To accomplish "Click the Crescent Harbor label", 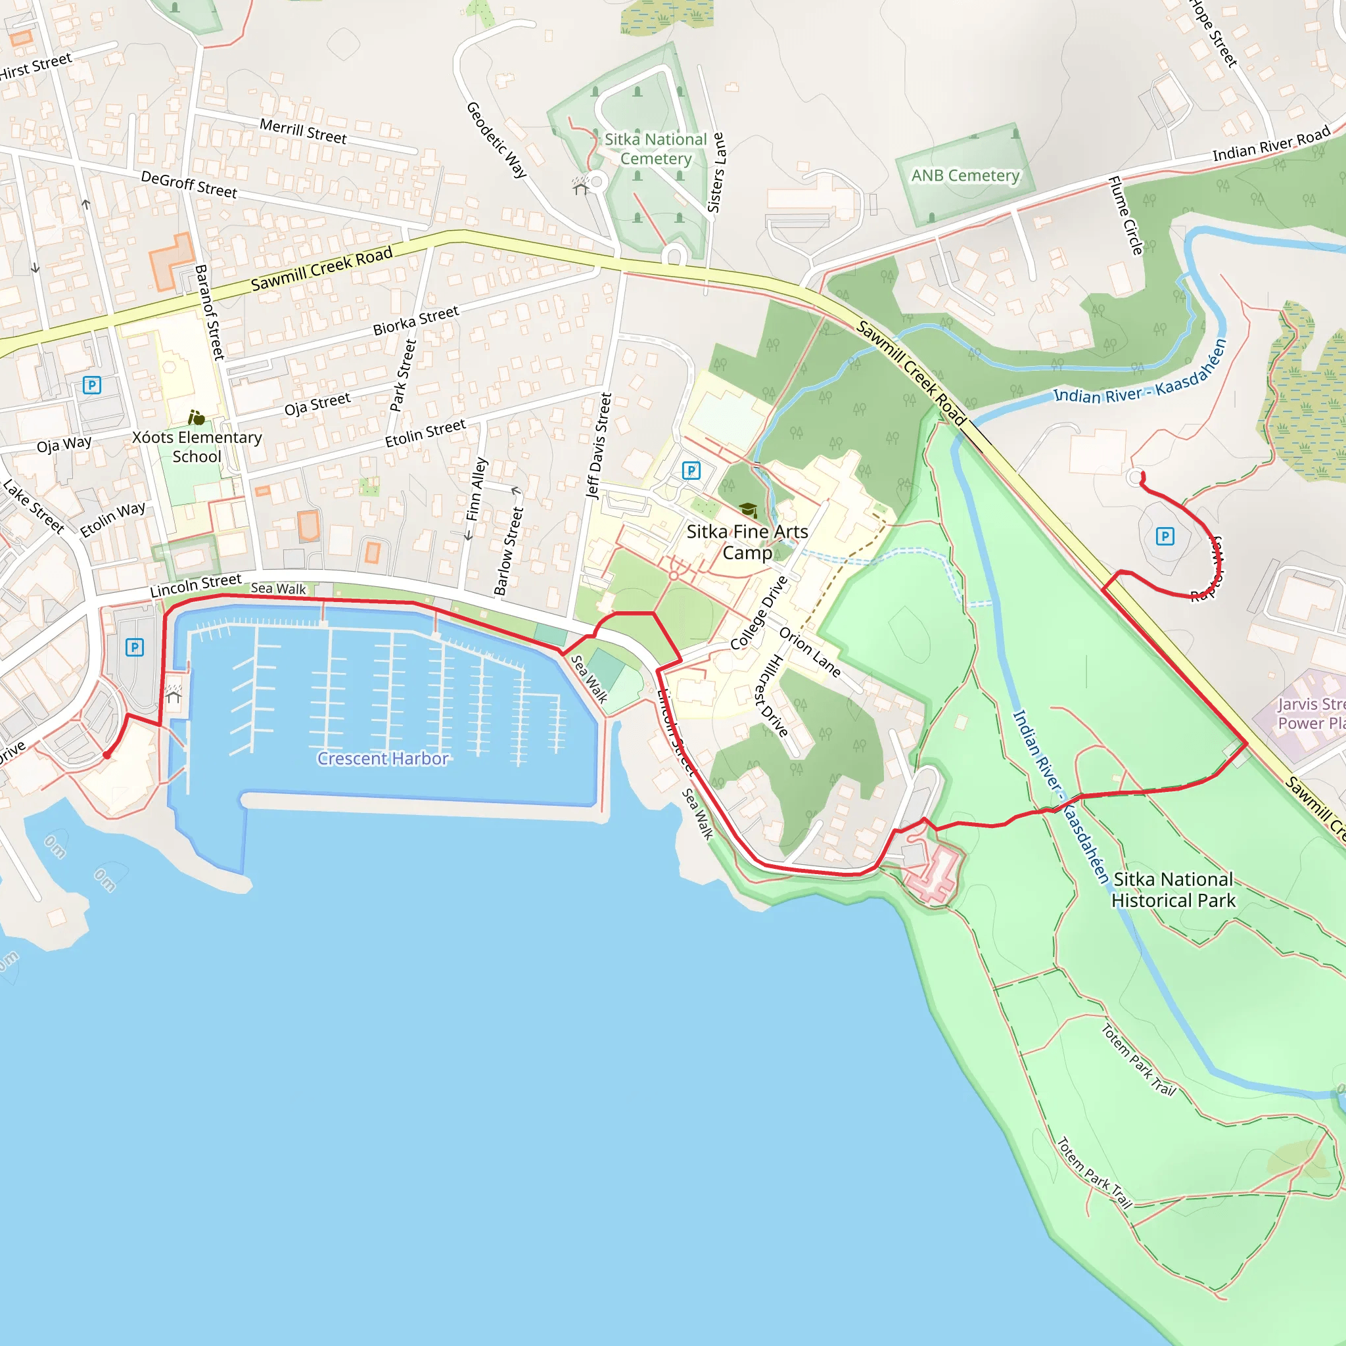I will coord(383,758).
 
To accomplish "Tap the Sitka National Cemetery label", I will coord(655,149).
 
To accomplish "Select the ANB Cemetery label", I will coord(965,175).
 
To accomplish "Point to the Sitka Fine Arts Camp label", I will coord(747,542).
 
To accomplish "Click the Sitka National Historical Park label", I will coord(1172,890).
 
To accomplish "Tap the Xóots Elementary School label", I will coord(197,446).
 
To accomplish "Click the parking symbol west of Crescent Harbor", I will coord(135,647).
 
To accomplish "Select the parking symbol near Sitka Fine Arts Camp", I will coord(691,471).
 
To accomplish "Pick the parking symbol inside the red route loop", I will coord(1165,536).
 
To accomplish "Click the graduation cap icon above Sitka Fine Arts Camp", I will coord(747,510).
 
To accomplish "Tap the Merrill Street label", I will coord(303,131).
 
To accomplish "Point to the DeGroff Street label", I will coord(189,185).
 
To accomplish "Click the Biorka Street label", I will coord(416,320).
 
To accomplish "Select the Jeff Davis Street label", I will coord(599,446).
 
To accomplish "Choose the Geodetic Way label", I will coord(496,139).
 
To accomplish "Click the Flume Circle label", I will coord(1126,216).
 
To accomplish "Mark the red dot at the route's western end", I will coord(106,754).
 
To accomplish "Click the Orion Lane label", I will coord(810,652).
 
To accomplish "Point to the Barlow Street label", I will coord(509,551).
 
